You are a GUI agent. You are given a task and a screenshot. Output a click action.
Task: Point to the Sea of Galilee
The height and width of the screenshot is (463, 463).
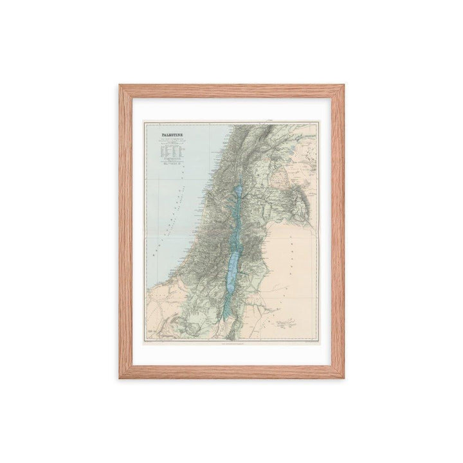239,192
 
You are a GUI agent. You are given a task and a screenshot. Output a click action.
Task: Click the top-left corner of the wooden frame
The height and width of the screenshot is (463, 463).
119,84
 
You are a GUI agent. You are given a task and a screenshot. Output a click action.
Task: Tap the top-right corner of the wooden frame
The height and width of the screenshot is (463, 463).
344,84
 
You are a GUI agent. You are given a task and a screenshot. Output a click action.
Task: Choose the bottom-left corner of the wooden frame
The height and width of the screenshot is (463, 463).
119,378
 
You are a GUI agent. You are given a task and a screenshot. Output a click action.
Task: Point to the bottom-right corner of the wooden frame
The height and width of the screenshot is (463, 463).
344,378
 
